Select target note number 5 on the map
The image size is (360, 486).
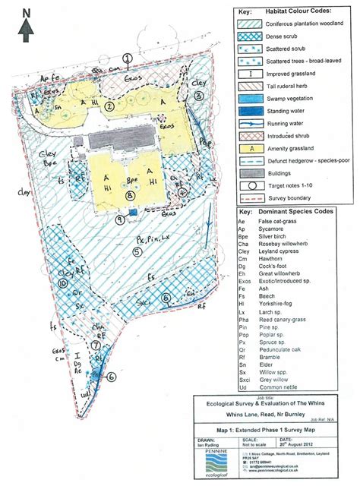[x=137, y=251]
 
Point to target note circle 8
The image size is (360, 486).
[x=130, y=195]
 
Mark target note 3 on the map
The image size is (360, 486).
[x=198, y=96]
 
